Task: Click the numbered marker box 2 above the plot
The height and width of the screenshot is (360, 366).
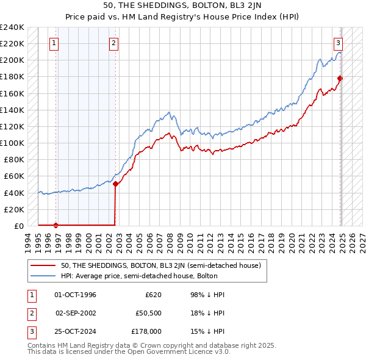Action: pyautogui.click(x=115, y=43)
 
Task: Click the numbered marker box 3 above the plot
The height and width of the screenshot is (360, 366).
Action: pyautogui.click(x=338, y=43)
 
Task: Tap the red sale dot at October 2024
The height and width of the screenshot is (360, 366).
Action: pyautogui.click(x=340, y=78)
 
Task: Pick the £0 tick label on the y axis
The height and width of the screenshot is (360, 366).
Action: pyautogui.click(x=18, y=226)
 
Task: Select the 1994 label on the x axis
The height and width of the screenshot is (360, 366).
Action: pyautogui.click(x=28, y=240)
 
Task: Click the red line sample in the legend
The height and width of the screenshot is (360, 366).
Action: pyautogui.click(x=43, y=265)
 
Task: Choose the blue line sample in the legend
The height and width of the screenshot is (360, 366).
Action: pyautogui.click(x=43, y=276)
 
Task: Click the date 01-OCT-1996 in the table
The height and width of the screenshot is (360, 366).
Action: pyautogui.click(x=76, y=295)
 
